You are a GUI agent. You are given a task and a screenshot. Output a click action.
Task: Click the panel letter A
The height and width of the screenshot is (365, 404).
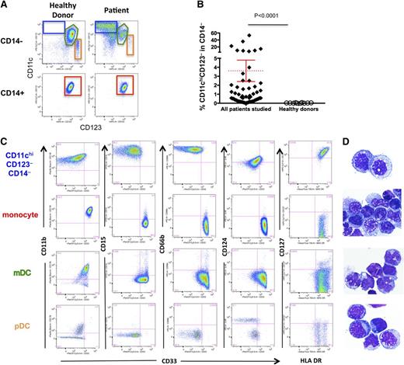[x=5, y=6]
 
